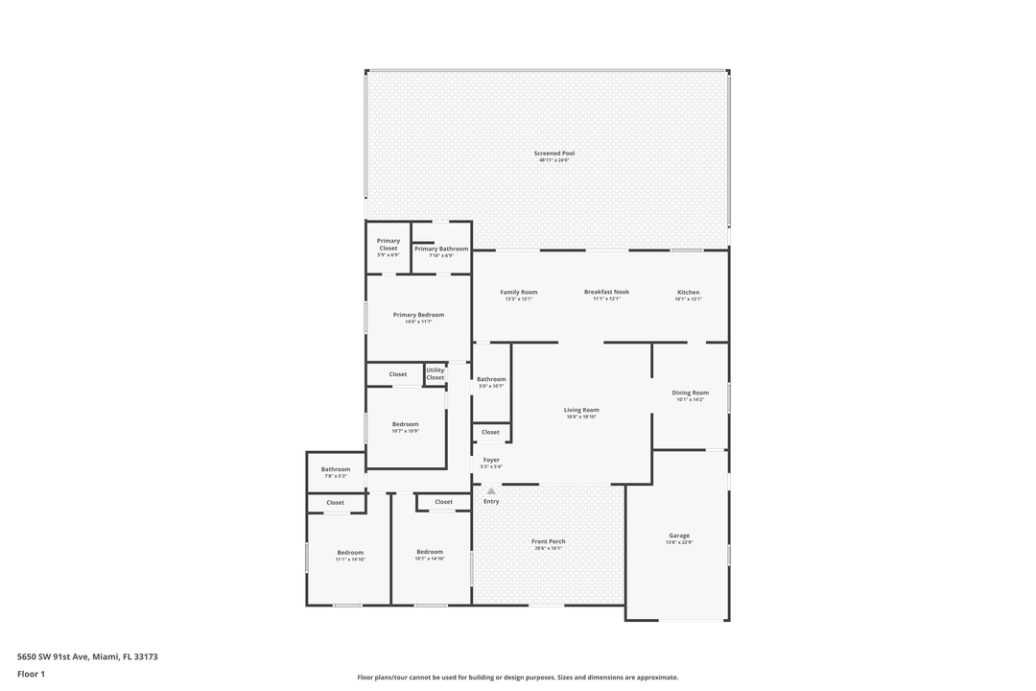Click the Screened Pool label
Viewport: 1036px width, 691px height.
[x=554, y=154]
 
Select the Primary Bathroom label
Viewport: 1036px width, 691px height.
[x=441, y=250]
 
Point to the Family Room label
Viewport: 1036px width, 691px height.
[x=518, y=293]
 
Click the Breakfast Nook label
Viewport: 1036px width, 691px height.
[x=606, y=293]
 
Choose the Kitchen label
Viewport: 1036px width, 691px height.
[x=689, y=293]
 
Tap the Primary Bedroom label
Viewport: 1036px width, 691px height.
[x=418, y=315]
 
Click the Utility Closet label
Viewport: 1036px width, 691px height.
[x=436, y=373]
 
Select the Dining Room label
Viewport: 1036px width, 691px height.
[x=690, y=393]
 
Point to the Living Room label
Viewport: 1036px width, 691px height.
[x=581, y=411]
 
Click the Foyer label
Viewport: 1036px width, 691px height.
[x=491, y=461]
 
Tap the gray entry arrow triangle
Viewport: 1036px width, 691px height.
[x=491, y=490]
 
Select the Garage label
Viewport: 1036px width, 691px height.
[x=679, y=536]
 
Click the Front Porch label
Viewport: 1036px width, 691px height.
[x=549, y=542]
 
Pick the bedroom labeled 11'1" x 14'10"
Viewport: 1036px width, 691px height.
[x=350, y=553]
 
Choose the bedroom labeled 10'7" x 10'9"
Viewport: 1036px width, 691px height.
[x=405, y=425]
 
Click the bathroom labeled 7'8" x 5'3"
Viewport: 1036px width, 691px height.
[x=335, y=470]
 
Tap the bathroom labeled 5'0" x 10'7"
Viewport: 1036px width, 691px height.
[x=491, y=380]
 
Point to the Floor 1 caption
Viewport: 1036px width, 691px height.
[x=31, y=674]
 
